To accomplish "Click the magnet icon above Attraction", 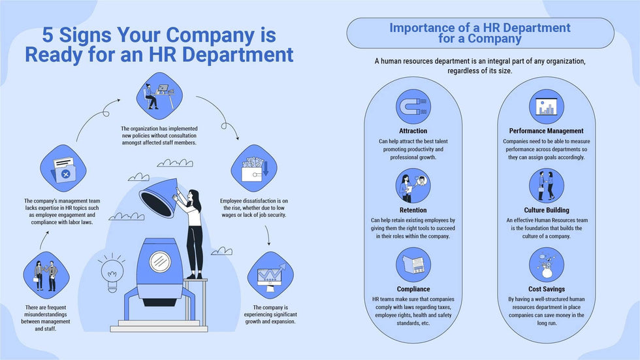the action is tap(413, 106).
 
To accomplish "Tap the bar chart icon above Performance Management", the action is tap(547, 106).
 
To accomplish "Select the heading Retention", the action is tap(413, 210).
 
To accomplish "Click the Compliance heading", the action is tap(413, 289).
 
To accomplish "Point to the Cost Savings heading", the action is tap(547, 289).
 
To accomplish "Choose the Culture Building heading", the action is tap(547, 210).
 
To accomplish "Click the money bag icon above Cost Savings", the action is tap(547, 265).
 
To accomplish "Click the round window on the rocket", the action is tap(160, 261).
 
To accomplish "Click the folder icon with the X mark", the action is tap(63, 169).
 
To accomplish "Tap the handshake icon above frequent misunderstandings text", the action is tap(46, 275).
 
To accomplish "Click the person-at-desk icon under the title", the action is tap(159, 96).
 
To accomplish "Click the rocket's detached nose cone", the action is tap(159, 197).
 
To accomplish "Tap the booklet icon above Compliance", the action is tap(413, 265).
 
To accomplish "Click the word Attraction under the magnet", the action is tap(413, 131).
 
